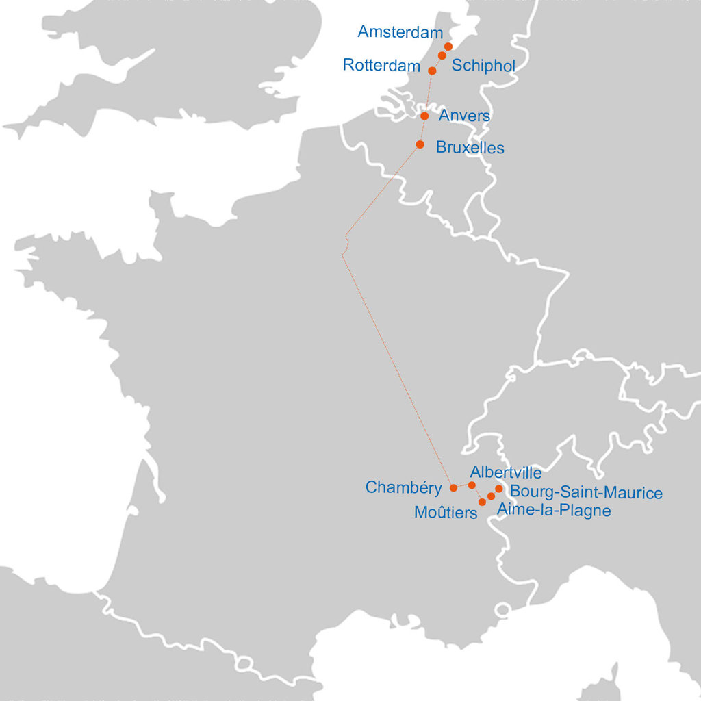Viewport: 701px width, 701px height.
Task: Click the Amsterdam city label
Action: tap(400, 32)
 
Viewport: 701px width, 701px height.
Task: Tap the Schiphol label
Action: tap(483, 66)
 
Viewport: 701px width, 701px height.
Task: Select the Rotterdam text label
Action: tap(381, 66)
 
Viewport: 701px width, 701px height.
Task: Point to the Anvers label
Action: tap(464, 116)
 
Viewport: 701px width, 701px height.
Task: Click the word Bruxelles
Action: tap(470, 147)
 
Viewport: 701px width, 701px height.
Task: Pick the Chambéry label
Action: tap(403, 487)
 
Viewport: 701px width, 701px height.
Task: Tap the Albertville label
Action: tap(506, 472)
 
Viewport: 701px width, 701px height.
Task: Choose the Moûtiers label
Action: tap(446, 512)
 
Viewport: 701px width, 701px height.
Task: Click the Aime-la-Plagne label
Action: tap(553, 510)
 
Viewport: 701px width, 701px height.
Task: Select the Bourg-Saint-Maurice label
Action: tap(586, 492)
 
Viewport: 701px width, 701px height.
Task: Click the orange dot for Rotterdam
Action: tap(432, 71)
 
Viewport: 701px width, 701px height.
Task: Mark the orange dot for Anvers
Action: tap(424, 116)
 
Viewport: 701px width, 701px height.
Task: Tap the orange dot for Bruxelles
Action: tap(420, 144)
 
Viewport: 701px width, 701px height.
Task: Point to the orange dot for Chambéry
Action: tap(453, 488)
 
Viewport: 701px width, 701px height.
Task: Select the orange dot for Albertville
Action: tap(472, 485)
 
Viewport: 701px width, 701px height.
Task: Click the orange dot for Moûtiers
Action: tap(482, 502)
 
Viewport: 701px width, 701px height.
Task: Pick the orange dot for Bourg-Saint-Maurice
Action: tap(499, 489)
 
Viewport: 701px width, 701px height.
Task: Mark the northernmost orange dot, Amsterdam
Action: tap(448, 46)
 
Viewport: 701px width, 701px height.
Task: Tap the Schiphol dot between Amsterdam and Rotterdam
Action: tap(442, 55)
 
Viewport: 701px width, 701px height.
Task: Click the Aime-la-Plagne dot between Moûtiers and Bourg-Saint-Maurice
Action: tap(491, 496)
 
